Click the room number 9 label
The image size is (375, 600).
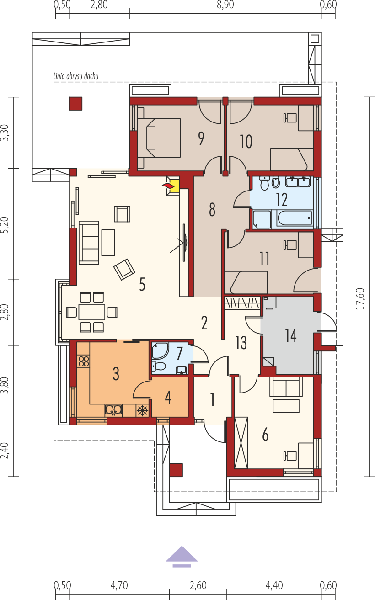[201, 138]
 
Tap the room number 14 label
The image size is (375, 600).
[291, 335]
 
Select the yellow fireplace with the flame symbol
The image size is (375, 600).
[173, 186]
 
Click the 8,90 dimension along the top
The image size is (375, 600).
[225, 5]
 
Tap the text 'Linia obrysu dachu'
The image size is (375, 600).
[76, 76]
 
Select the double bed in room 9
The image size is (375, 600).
[159, 138]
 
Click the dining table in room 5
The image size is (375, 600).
[91, 312]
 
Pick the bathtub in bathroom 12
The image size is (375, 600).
[295, 218]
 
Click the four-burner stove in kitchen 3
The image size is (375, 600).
[84, 361]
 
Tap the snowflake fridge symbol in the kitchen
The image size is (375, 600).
[141, 410]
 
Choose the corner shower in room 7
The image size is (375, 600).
[160, 350]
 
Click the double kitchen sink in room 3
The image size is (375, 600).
[114, 410]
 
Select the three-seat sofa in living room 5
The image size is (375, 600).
[89, 243]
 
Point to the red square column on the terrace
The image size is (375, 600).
[75, 104]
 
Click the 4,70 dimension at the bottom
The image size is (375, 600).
[119, 585]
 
